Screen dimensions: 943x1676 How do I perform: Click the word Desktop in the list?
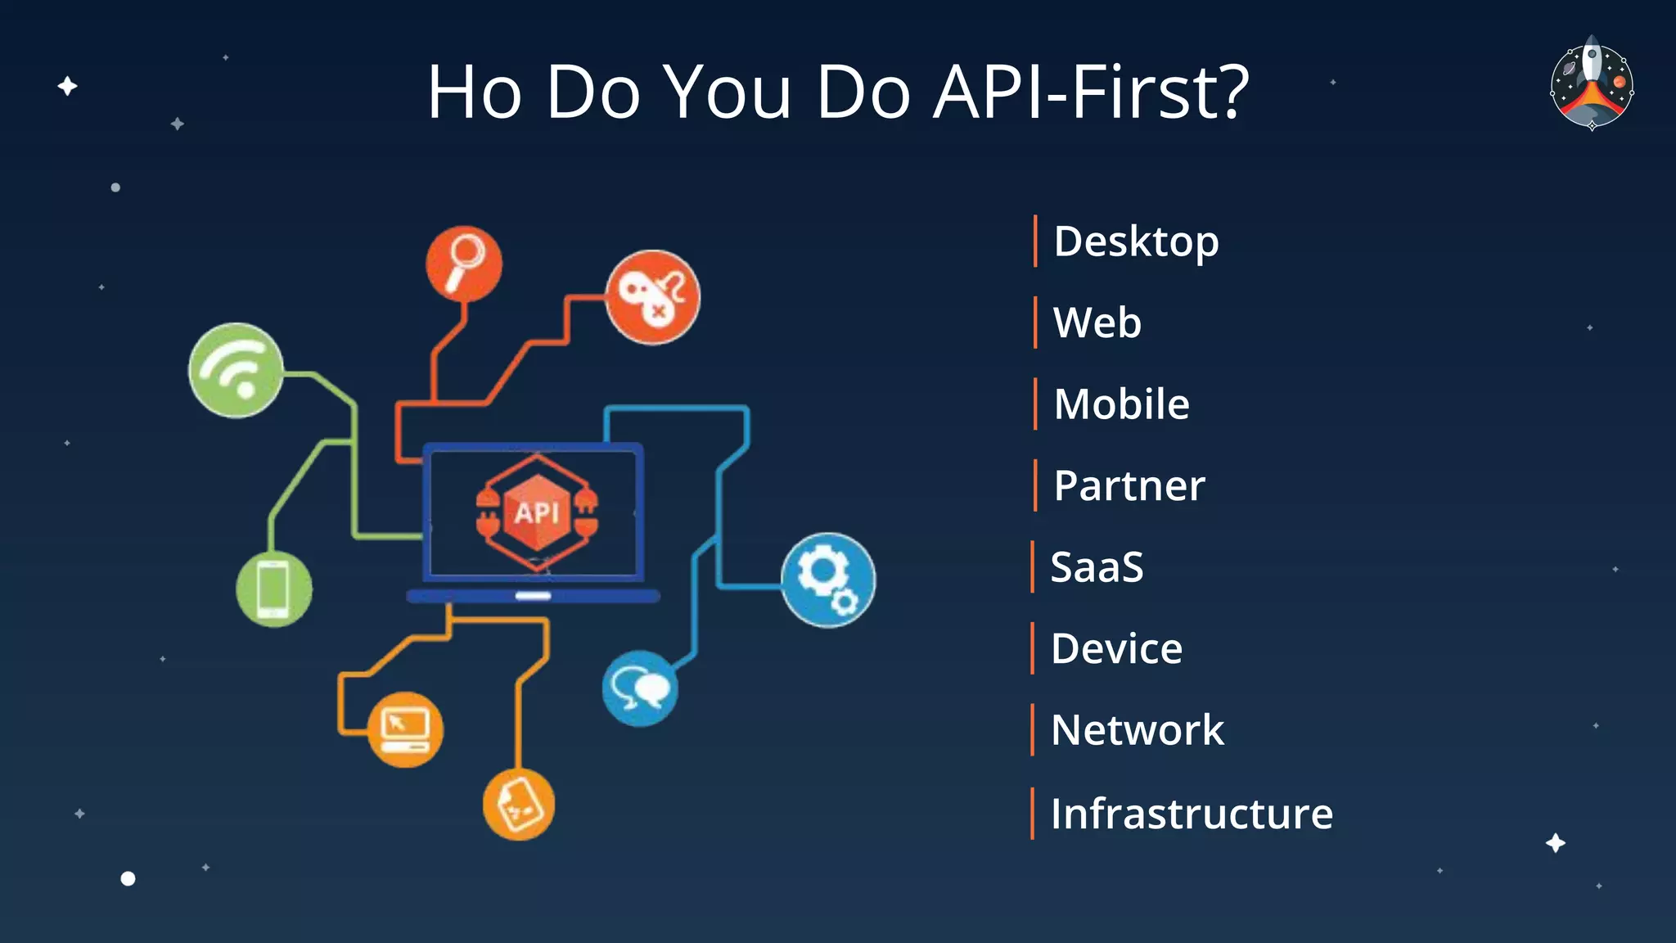(1136, 242)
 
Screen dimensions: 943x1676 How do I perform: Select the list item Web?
(1097, 323)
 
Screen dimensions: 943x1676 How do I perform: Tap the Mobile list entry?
(1121, 404)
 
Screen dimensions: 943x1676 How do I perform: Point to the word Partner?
(1129, 486)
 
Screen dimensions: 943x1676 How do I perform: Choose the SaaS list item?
(1097, 567)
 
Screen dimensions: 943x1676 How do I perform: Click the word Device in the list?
(1116, 649)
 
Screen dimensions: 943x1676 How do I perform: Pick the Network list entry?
(1137, 730)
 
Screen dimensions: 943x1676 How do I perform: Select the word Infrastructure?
(1192, 814)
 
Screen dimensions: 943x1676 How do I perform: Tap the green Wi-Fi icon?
(236, 370)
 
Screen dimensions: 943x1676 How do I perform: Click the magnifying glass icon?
(464, 263)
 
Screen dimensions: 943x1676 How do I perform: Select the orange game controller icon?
(652, 297)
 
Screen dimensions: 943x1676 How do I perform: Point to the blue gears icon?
(827, 580)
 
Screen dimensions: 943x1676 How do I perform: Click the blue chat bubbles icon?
(640, 688)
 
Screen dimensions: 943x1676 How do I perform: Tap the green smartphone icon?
(273, 589)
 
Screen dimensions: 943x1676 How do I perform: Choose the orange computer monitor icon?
(405, 729)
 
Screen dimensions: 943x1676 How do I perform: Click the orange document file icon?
(518, 804)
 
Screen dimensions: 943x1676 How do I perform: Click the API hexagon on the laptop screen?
(536, 512)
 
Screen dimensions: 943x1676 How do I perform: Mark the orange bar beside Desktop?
(1035, 241)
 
